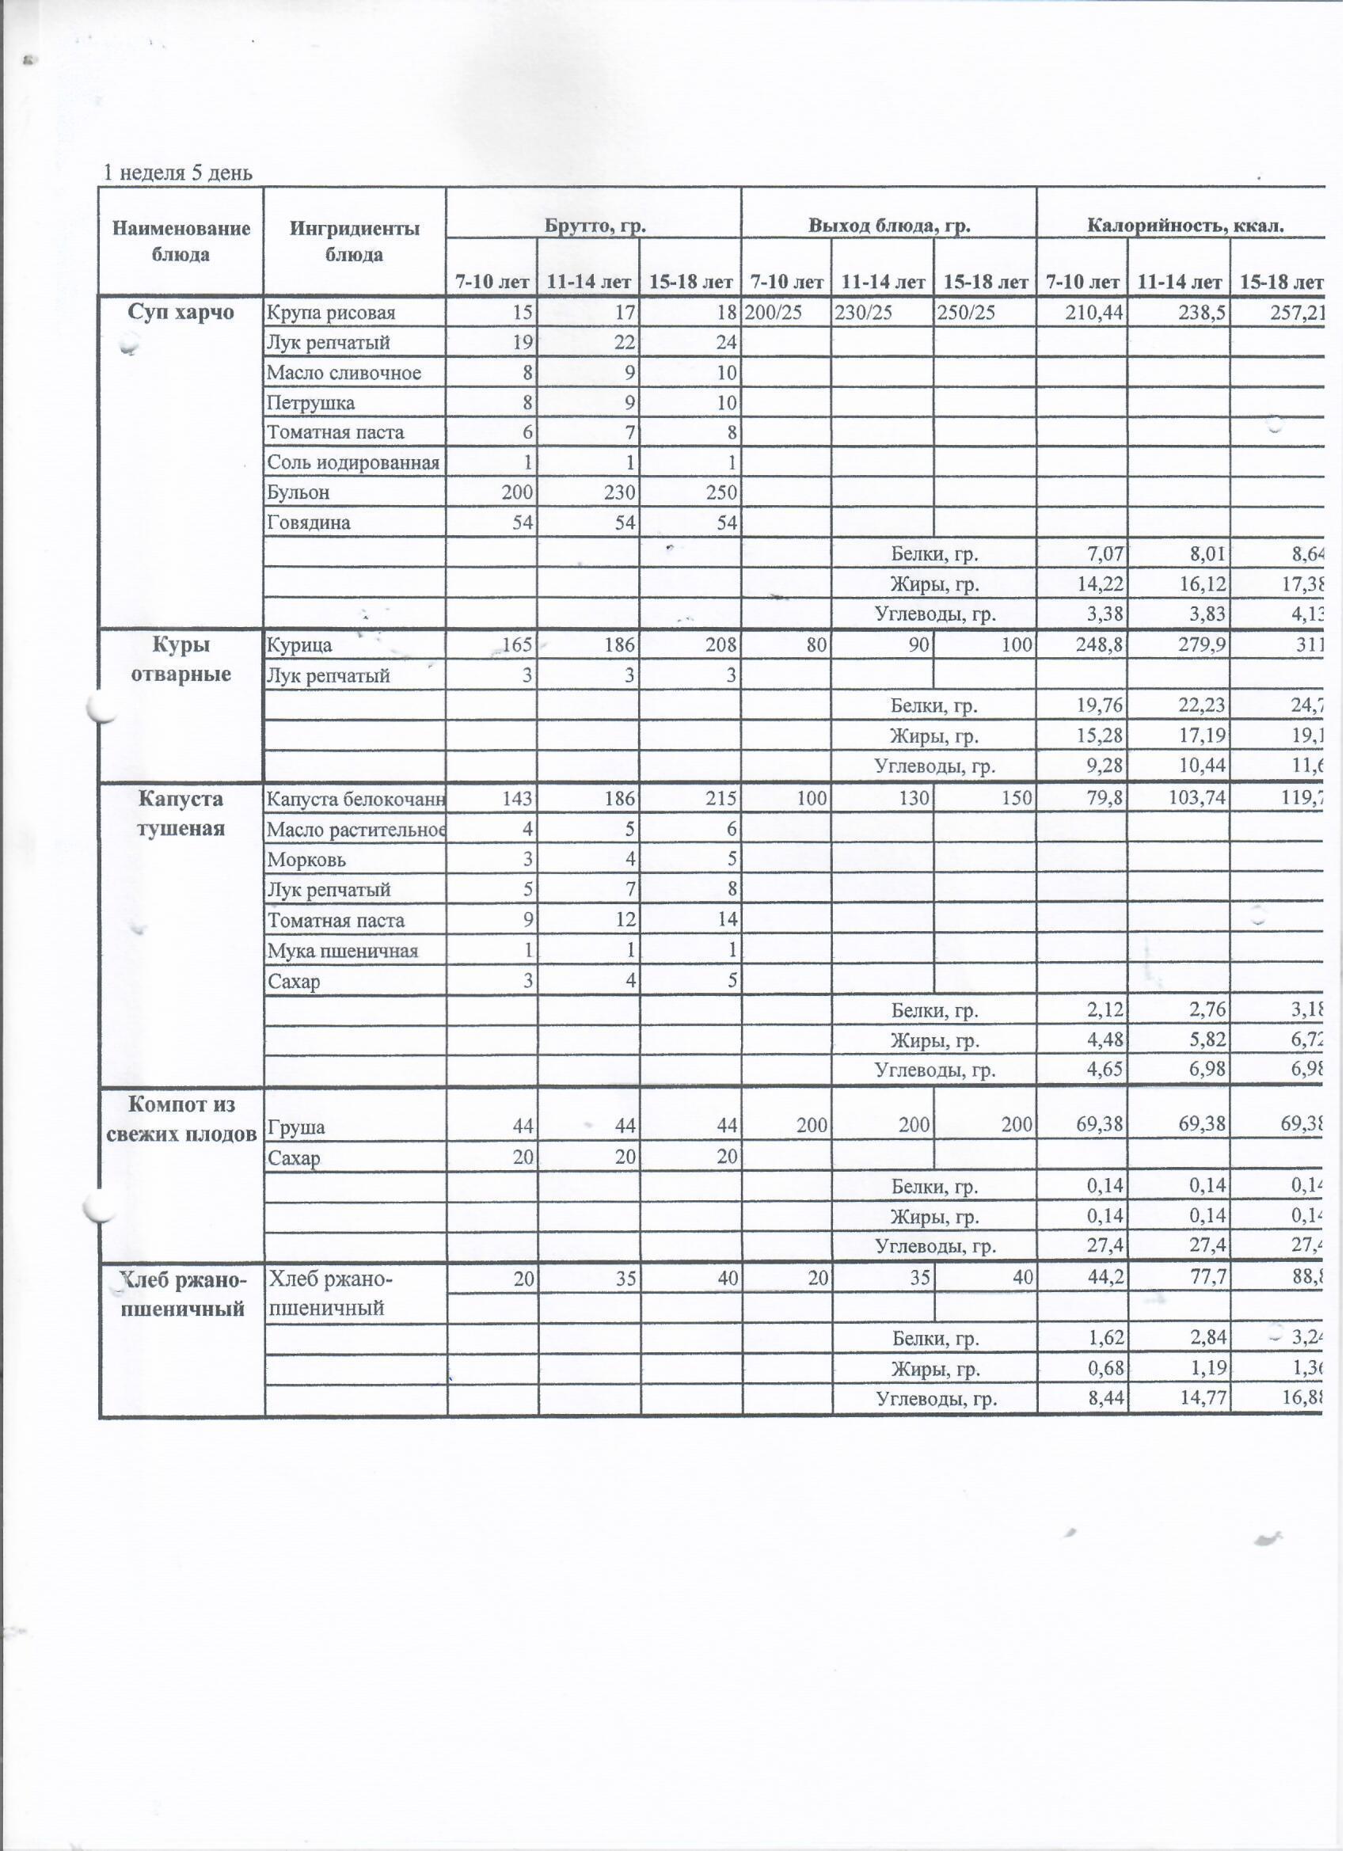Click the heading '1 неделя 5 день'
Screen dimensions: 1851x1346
178,173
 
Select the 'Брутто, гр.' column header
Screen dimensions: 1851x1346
595,226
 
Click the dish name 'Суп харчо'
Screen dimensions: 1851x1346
181,313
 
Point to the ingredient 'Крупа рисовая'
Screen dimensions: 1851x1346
332,314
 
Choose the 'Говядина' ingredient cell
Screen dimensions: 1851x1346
309,523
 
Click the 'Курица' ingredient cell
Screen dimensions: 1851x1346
299,646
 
